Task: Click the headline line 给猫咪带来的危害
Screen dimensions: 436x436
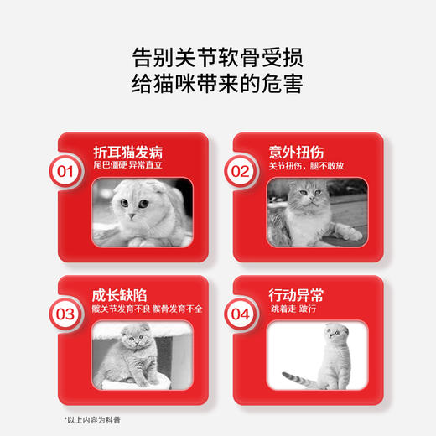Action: click(217, 85)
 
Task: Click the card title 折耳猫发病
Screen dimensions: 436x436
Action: click(127, 153)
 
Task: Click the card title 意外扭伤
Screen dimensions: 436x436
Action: click(296, 153)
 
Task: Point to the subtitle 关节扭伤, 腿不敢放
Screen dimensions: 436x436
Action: click(305, 166)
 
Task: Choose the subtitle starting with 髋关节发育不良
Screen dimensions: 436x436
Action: click(148, 309)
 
